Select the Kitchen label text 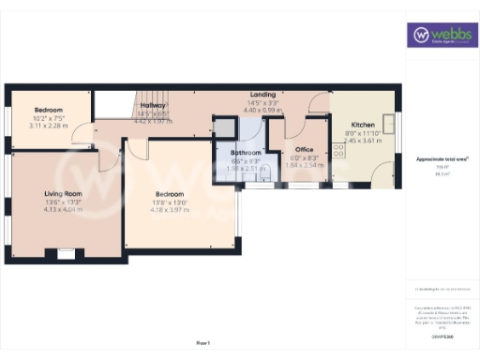pyautogui.click(x=364, y=125)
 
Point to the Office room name pyautogui.click(x=303, y=149)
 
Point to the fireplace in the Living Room pyautogui.click(x=66, y=253)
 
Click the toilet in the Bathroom pyautogui.click(x=264, y=175)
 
